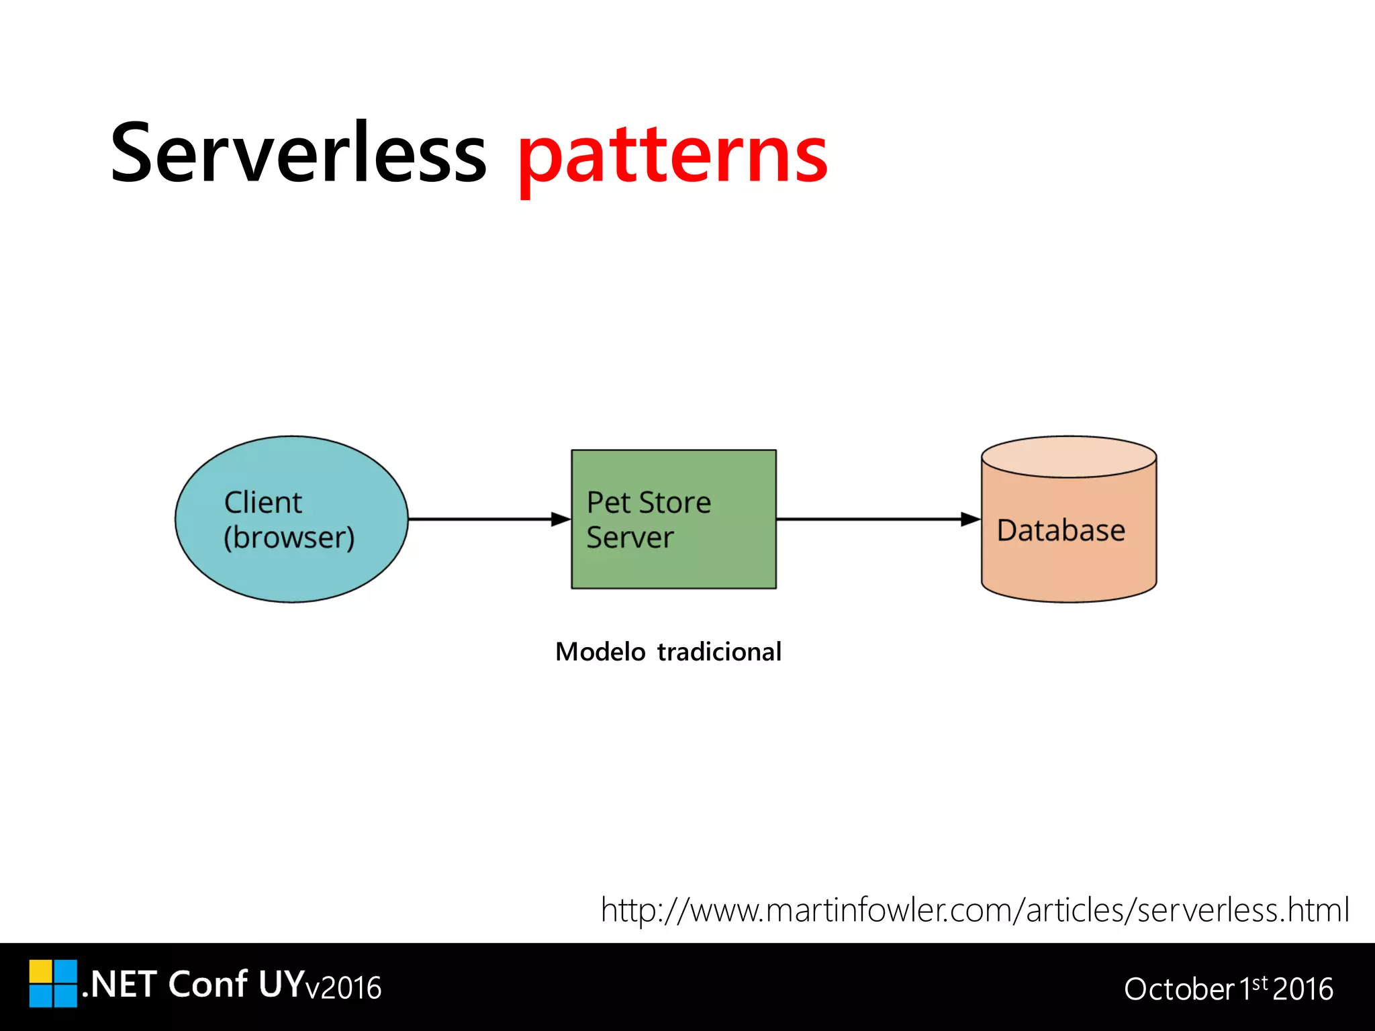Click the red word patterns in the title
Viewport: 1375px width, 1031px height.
(672, 158)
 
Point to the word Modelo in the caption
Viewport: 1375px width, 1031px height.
(600, 652)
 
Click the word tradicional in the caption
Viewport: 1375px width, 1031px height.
(719, 652)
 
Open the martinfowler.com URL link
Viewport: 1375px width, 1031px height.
(974, 910)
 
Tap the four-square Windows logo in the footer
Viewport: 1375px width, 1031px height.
(53, 983)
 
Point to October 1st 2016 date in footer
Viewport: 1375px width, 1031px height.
(1228, 989)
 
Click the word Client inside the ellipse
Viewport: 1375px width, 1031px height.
(263, 503)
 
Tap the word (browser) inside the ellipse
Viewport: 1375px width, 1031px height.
(289, 538)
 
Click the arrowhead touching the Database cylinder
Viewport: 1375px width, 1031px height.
(970, 519)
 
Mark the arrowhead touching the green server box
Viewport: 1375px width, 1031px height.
(561, 519)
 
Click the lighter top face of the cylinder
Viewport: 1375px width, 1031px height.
(1069, 457)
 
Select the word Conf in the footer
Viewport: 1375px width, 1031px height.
(207, 985)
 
